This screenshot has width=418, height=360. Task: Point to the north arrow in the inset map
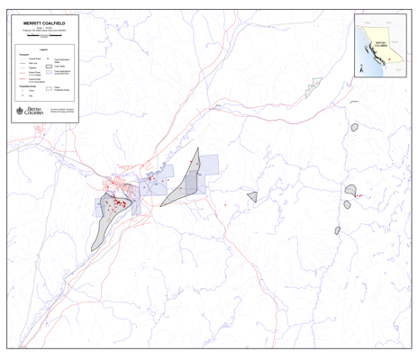[362, 67]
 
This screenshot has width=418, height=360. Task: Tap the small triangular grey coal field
[253, 196]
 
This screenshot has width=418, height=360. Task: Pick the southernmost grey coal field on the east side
[338, 230]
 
